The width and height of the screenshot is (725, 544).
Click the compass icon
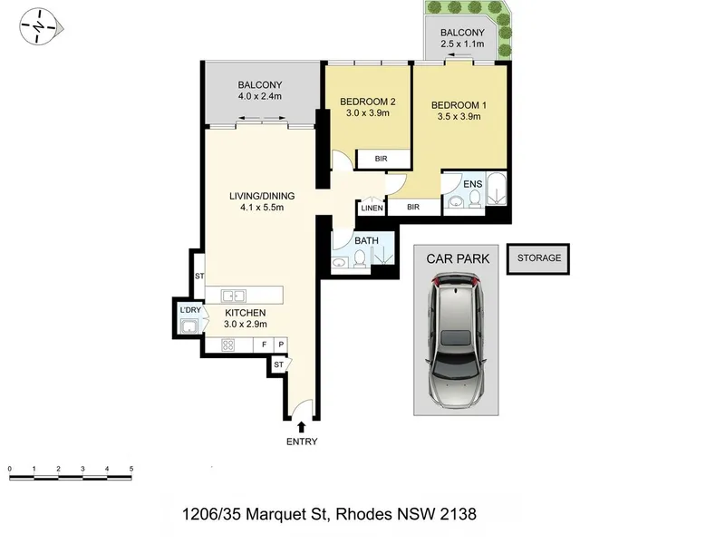click(x=40, y=27)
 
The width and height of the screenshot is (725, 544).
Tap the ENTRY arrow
click(x=302, y=426)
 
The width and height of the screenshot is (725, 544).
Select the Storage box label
click(x=538, y=257)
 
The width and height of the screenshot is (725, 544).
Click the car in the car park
click(x=456, y=340)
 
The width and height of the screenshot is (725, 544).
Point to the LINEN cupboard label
click(x=372, y=209)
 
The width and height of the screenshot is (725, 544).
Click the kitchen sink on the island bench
click(x=233, y=296)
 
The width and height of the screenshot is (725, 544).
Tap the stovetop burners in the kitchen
click(x=228, y=345)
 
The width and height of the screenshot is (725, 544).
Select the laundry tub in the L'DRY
click(x=189, y=325)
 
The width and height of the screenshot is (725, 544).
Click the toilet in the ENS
click(x=474, y=198)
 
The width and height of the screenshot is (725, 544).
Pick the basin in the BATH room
click(x=339, y=263)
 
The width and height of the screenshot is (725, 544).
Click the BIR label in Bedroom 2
click(x=381, y=159)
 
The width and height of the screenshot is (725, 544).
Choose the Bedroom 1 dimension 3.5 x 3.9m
click(x=459, y=117)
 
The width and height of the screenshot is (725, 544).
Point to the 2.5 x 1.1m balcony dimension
click(x=462, y=44)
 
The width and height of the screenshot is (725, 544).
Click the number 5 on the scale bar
click(x=131, y=469)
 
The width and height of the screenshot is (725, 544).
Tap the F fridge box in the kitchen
click(x=265, y=345)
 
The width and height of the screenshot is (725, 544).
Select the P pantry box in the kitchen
click(x=281, y=345)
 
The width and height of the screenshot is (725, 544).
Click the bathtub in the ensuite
click(x=497, y=189)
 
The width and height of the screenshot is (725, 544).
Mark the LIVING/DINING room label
click(x=262, y=196)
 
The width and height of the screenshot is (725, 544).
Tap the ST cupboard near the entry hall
click(x=279, y=364)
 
